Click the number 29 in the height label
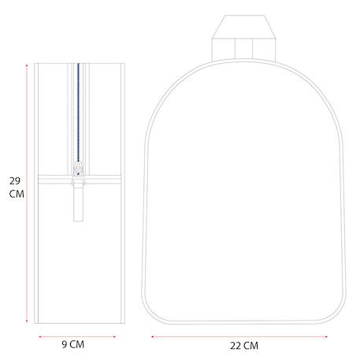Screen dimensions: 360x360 pos(15,181)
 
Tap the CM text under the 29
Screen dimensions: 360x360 pos(17,194)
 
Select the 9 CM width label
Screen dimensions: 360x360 pos(73,344)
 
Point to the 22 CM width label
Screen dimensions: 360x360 pos(244,346)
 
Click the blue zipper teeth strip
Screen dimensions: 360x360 pos(78,113)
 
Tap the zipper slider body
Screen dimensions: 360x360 pos(78,169)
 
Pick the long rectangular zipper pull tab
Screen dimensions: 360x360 pos(78,202)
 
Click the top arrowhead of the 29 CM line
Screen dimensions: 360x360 pos(27,65)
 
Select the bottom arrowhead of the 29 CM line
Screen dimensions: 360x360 pos(27,321)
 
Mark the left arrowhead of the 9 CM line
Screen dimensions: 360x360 pos(39,336)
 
